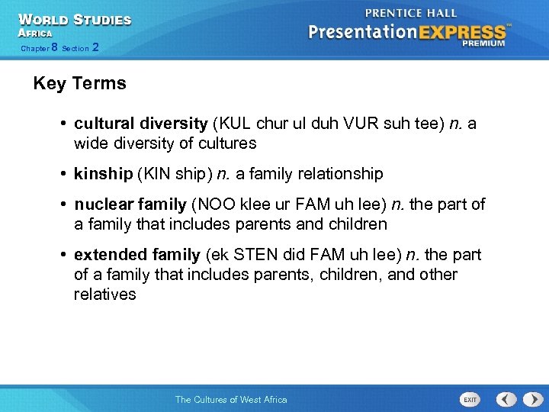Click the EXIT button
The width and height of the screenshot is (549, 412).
point(470,399)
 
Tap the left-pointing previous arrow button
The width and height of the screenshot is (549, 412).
point(506,399)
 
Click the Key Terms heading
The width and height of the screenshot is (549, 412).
point(79,84)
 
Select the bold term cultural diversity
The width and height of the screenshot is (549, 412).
point(140,124)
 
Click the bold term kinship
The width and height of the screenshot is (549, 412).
point(103,174)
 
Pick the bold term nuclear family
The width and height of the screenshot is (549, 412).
point(130,204)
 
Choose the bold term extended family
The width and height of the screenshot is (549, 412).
point(137,255)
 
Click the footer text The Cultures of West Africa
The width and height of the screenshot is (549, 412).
point(231,399)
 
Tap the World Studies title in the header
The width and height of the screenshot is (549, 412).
point(75,20)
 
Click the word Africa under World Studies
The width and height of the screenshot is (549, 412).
point(35,34)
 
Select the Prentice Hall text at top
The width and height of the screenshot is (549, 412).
point(411,13)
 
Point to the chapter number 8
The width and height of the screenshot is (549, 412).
point(54,47)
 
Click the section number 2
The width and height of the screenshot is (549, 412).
point(95,47)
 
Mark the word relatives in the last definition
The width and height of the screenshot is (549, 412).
point(104,295)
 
